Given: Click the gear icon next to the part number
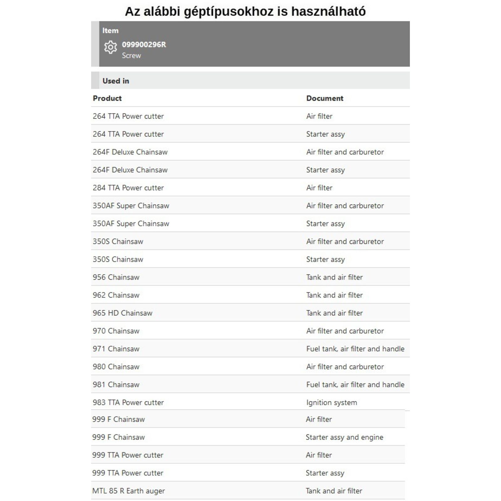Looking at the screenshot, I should [110, 47].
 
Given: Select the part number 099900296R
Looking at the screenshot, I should [144, 44].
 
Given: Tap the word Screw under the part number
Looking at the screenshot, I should [131, 55].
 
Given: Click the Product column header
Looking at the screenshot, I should [107, 98].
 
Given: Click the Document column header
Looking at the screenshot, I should [325, 98].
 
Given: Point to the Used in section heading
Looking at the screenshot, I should [116, 81].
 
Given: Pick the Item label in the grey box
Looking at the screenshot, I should [110, 30].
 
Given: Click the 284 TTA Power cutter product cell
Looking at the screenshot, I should [128, 188].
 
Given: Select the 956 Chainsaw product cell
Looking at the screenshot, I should [116, 277].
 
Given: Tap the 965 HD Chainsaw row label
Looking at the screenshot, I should [122, 313].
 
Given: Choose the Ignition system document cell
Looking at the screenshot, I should [332, 402].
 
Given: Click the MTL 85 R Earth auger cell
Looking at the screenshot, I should [128, 491].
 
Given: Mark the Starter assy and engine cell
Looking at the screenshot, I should [344, 437].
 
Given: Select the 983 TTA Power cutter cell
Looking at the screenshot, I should [128, 402].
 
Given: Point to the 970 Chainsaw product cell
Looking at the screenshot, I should [116, 331].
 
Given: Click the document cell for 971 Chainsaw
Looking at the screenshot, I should [355, 349].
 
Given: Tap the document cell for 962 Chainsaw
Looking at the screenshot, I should [334, 295].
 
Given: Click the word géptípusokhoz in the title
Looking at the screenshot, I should [229, 12].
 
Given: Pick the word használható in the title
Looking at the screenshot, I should [328, 12].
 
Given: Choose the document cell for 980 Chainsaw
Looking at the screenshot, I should [345, 367].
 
